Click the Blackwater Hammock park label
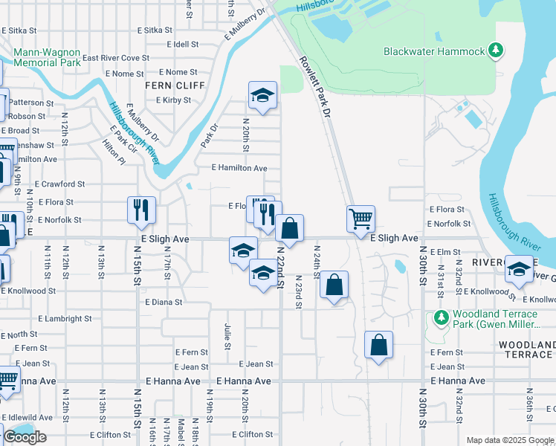pos(434,51)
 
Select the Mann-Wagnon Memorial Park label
pos(47,59)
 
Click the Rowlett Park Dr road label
pos(314,87)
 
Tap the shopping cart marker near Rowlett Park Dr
pos(361,218)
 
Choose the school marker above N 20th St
pos(262,95)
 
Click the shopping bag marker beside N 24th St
pos(334,284)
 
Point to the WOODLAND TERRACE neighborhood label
pos(526,349)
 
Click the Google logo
pos(25,437)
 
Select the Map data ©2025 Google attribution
pos(509,440)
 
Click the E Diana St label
pos(164,303)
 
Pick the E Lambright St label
pos(63,318)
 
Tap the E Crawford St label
pos(59,184)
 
